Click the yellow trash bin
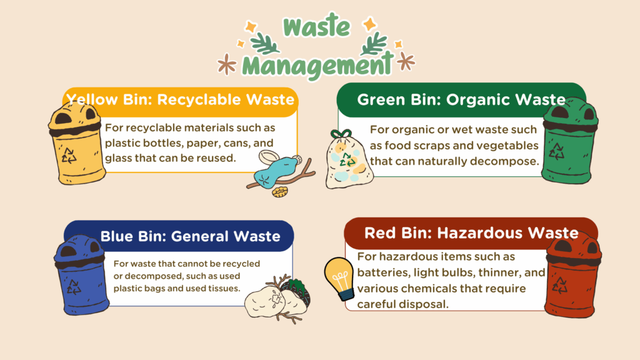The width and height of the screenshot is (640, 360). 76,143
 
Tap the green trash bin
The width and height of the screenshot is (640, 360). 569,141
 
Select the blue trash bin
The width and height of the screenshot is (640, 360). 81,275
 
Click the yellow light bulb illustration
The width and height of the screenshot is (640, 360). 339,278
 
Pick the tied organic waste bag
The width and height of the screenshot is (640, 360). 348,159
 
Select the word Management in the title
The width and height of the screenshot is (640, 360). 317,64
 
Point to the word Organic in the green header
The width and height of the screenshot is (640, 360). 474,100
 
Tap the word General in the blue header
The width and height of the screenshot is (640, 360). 199,236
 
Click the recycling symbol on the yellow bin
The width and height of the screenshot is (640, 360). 69,156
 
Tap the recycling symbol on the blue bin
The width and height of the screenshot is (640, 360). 74,286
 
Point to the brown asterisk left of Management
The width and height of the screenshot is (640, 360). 227,64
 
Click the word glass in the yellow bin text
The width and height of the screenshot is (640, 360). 118,158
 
